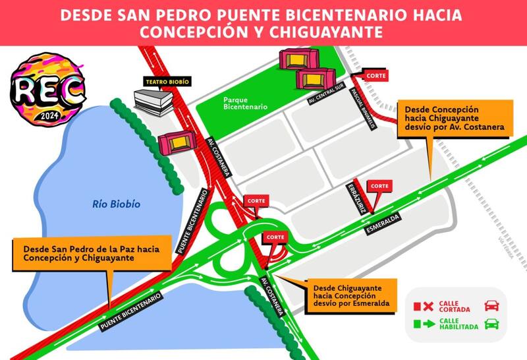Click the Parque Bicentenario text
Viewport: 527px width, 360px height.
click(245, 102)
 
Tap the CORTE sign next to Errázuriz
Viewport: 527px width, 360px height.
click(379, 187)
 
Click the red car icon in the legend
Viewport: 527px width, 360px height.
click(491, 305)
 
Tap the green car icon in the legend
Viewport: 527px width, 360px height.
click(491, 324)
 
